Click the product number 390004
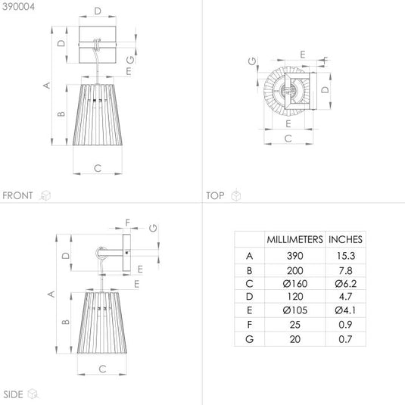[18, 7]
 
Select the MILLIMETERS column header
[294, 239]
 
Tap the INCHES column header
[345, 239]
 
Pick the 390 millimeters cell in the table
[294, 256]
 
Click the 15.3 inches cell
[346, 256]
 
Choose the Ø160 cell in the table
[295, 284]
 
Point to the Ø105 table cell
[295, 310]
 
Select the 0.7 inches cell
[345, 339]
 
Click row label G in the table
[249, 339]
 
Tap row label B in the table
[249, 270]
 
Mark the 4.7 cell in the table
[345, 296]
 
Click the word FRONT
[17, 195]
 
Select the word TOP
[215, 195]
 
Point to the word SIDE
[13, 394]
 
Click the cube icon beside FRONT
[45, 195]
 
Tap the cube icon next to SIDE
[33, 394]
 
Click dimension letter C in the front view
[98, 168]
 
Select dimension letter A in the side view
[51, 294]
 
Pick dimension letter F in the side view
[128, 223]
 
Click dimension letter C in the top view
[288, 139]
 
